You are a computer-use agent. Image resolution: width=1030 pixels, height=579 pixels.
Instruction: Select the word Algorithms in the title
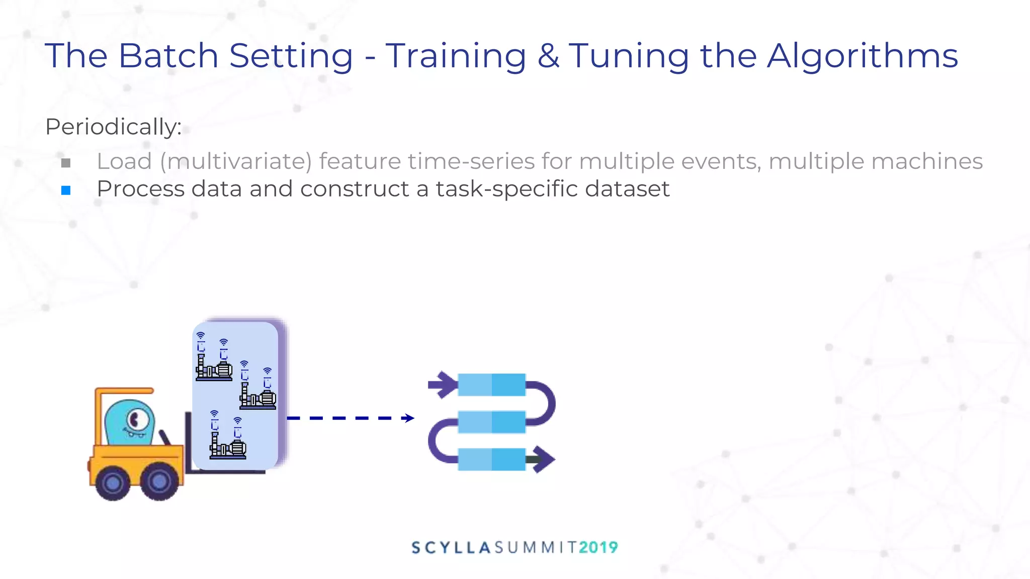coord(863,56)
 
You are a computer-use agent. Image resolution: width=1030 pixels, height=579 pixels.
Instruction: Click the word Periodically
coord(113,127)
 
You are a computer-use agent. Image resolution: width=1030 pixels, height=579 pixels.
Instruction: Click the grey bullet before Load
coord(66,163)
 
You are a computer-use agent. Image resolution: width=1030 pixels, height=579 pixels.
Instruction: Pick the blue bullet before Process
coord(66,190)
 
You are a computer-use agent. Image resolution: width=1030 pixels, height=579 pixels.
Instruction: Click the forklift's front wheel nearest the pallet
coord(159,481)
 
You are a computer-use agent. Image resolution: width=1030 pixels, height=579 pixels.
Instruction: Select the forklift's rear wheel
coord(113,482)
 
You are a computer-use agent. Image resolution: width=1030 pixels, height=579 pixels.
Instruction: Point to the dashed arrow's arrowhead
coord(409,418)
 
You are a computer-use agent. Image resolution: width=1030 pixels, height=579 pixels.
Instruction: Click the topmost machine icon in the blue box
coord(214,359)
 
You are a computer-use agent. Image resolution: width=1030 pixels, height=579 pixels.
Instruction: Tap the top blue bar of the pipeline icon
coord(491,385)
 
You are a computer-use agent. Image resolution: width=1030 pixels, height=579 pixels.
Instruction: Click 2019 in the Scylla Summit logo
coord(598,547)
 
